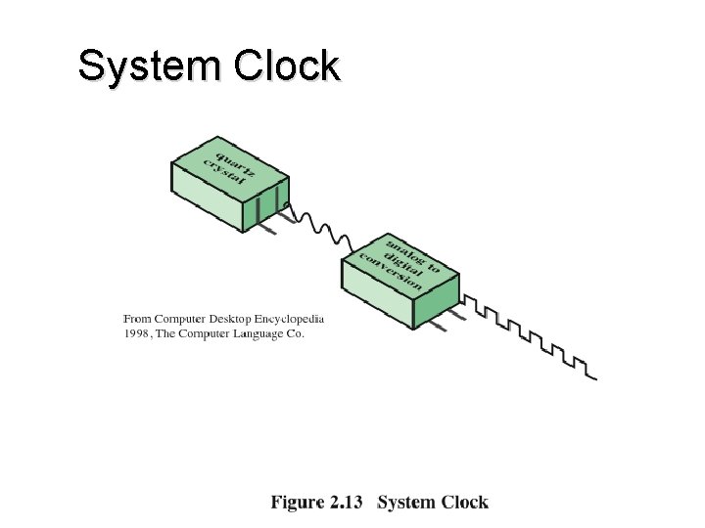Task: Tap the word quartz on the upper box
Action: (237, 160)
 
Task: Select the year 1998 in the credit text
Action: (135, 333)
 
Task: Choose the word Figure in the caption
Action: (297, 503)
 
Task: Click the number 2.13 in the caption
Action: (347, 503)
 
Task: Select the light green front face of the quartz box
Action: (212, 204)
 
